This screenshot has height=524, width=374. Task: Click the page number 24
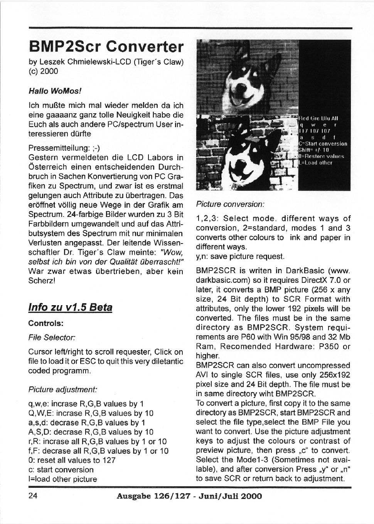tap(33, 496)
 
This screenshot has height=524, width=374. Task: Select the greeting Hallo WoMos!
tap(56, 91)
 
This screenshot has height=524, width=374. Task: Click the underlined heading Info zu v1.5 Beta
tap(71, 307)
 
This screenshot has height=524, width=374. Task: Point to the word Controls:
tap(46, 323)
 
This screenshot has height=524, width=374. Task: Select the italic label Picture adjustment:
tap(63, 389)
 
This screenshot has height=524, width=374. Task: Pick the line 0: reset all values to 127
tap(72, 460)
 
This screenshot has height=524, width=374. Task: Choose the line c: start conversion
tap(61, 470)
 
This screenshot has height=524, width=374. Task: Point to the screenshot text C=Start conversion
tap(323, 144)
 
